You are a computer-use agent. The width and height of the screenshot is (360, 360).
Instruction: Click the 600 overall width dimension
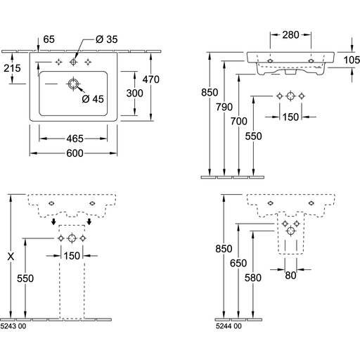click(x=75, y=153)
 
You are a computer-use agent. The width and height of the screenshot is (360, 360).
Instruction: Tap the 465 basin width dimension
click(x=75, y=139)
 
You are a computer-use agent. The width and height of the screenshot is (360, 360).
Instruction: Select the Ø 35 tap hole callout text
click(x=107, y=39)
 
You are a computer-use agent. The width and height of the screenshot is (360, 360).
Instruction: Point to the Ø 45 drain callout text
click(x=93, y=99)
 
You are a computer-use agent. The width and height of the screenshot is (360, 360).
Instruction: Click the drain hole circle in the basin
click(x=74, y=84)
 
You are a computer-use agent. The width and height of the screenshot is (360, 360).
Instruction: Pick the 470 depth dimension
click(x=151, y=79)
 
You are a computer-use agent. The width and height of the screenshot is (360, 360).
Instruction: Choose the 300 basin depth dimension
click(x=134, y=94)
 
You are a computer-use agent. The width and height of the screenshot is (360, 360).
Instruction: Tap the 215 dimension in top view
click(x=12, y=68)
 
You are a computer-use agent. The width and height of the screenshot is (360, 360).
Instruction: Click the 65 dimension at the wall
click(x=49, y=39)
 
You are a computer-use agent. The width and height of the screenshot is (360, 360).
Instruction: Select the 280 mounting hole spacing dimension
click(x=290, y=35)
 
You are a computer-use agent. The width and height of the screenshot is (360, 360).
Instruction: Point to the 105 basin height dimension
click(x=352, y=60)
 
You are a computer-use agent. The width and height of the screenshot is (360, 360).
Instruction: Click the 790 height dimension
click(x=224, y=107)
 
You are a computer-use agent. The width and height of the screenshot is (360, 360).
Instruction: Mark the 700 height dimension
click(x=239, y=122)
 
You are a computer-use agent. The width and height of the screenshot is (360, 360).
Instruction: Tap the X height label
click(x=11, y=257)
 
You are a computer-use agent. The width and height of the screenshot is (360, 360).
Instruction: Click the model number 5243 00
click(x=13, y=326)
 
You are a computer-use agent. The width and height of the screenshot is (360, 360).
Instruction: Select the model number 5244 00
click(x=229, y=326)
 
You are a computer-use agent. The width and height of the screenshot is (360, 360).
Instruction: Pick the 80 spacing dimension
click(x=290, y=276)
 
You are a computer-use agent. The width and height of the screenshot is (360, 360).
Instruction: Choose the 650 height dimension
click(x=238, y=263)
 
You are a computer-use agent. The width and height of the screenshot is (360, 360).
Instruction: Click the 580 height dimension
click(x=253, y=278)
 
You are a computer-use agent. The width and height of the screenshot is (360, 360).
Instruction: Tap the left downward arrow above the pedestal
click(x=53, y=221)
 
